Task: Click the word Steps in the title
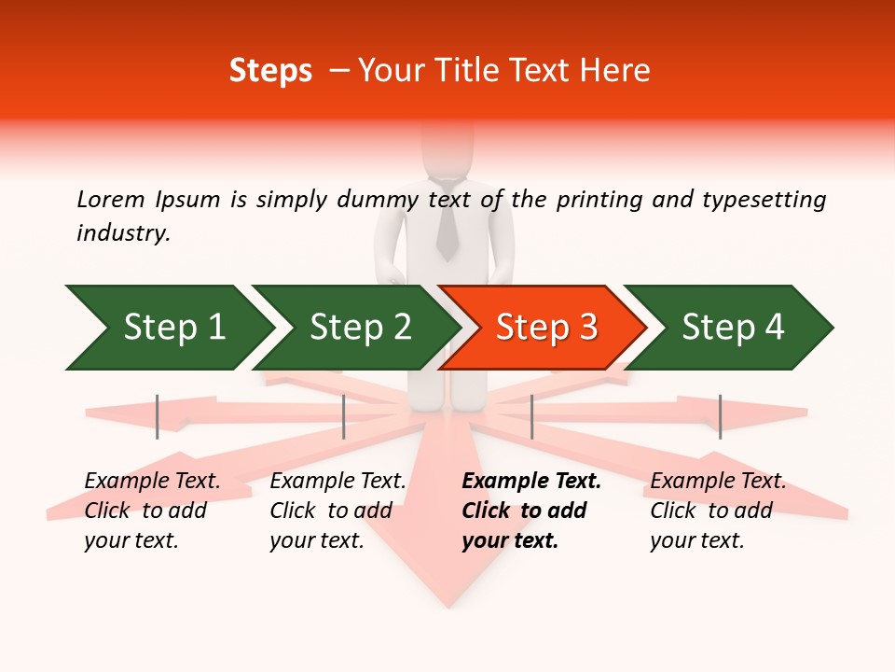[x=270, y=71]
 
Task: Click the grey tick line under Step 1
[x=158, y=416]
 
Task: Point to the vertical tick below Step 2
[x=344, y=416]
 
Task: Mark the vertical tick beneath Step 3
[x=531, y=416]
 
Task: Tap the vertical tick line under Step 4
[x=720, y=416]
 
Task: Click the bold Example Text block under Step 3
[x=530, y=511]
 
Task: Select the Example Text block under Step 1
[x=151, y=511]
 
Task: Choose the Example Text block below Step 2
[x=337, y=511]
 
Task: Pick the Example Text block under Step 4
[x=717, y=511]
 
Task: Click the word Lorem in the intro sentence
[x=111, y=199]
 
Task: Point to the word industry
[x=123, y=233]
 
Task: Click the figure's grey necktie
[x=447, y=224]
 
